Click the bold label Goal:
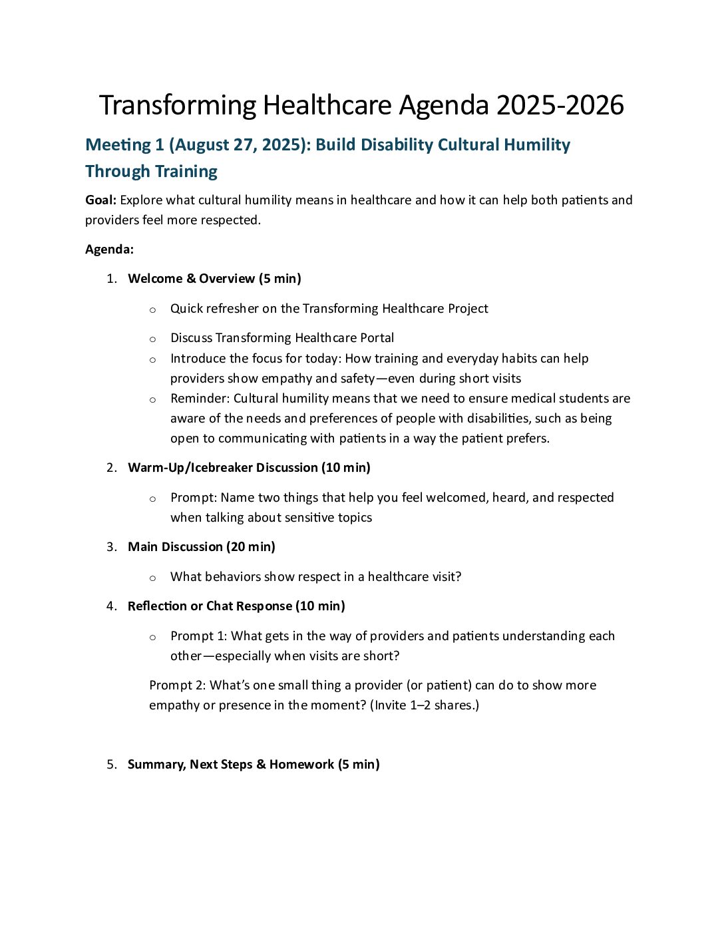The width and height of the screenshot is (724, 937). [101, 200]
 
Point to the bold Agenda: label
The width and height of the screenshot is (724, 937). [109, 250]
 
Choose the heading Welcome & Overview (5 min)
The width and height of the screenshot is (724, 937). [214, 279]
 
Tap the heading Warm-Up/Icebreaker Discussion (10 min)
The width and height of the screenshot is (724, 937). [249, 468]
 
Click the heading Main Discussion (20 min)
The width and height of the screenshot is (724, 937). [201, 547]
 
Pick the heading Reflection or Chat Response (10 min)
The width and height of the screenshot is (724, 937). [236, 606]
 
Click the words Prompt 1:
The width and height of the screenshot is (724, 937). [198, 636]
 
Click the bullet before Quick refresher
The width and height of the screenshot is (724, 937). [152, 309]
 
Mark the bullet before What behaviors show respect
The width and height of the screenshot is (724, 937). [152, 578]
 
